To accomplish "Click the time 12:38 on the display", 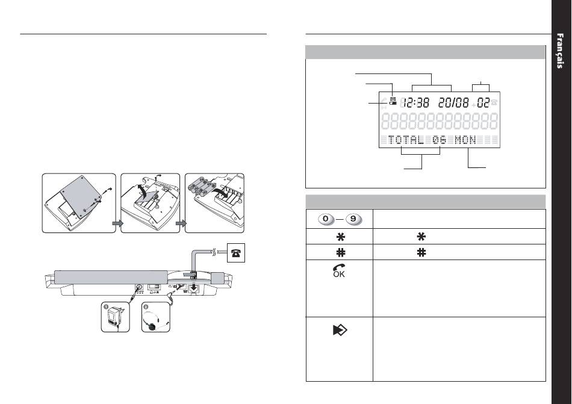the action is coord(416,103).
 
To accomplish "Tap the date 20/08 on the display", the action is coord(453,103).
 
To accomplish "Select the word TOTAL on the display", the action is coord(406,140).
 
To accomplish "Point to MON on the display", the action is coord(465,140).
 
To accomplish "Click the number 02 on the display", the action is coord(483,103).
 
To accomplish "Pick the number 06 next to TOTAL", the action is coord(440,140).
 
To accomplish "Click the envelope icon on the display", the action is coord(393,99).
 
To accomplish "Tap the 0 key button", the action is coord(326,219).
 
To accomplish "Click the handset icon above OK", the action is coord(339,268).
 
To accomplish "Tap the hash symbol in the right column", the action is coord(421,252).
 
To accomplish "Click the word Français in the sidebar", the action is coord(560,51).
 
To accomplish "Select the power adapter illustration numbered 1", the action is coord(115,319).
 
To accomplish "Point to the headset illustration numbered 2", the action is coord(156,319).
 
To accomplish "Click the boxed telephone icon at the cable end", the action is coord(236,252).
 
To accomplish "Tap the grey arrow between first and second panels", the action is coord(117,224).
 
